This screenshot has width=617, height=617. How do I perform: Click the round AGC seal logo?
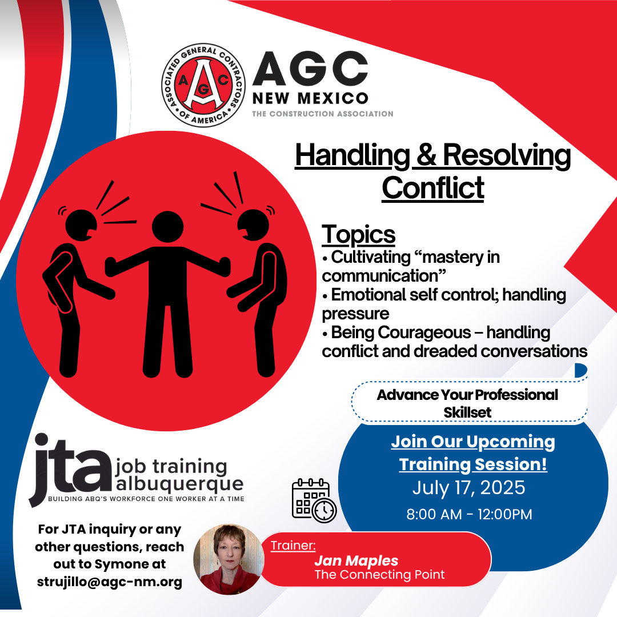point(203,85)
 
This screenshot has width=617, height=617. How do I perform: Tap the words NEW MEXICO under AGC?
point(310,98)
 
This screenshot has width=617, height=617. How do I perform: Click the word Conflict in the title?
point(433,188)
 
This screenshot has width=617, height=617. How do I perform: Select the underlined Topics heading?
point(358,235)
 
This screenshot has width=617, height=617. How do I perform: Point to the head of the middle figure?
point(167,227)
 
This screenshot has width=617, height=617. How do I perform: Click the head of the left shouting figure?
point(81,225)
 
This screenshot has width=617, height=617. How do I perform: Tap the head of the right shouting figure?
point(254,225)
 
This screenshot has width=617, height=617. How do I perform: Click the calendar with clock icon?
point(314,500)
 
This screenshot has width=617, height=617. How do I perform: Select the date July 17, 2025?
point(468,487)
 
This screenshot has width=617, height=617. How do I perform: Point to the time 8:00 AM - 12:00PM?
point(469,514)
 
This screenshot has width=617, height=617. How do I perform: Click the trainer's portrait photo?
point(229,559)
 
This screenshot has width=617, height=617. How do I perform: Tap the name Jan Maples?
point(356,560)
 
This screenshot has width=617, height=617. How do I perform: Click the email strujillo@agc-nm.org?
point(109,582)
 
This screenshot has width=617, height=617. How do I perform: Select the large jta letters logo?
point(70,468)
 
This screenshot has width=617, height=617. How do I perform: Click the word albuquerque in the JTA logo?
point(179,484)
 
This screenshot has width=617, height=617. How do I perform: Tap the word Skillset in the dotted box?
point(467,412)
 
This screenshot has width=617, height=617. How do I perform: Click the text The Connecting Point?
point(379,575)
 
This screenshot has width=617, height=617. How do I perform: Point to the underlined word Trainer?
point(293,546)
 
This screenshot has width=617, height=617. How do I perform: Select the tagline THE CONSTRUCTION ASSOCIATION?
point(323,114)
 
